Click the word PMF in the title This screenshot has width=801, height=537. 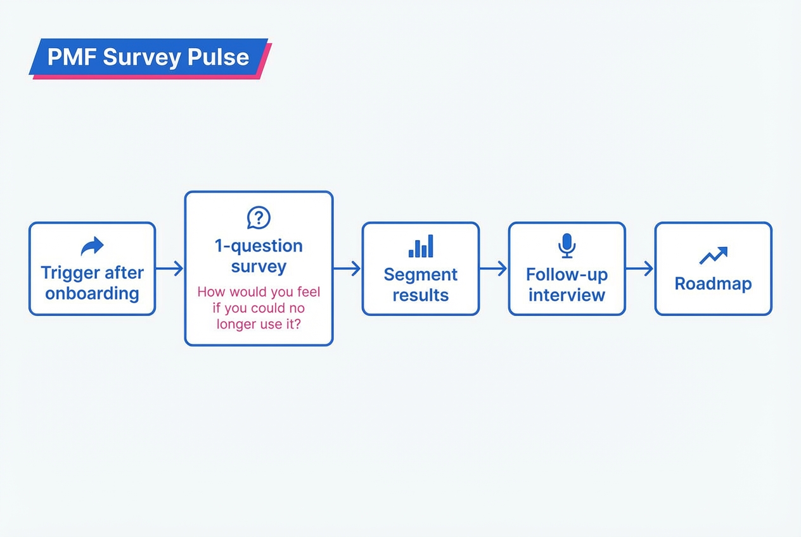tap(72, 58)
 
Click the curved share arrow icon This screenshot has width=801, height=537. tap(92, 246)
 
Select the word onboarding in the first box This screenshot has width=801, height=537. tap(92, 294)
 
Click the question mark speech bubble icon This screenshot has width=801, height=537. tap(259, 218)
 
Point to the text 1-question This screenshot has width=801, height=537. tap(259, 246)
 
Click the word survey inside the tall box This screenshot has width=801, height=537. tap(259, 266)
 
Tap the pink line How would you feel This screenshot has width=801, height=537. tap(259, 293)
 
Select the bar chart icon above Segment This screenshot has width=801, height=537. tap(421, 246)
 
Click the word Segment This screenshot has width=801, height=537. tap(421, 275)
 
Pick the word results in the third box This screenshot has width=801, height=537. tap(421, 295)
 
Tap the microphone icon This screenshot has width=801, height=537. tap(567, 246)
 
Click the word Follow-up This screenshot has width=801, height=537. tap(567, 275)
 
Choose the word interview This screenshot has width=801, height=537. tap(567, 295)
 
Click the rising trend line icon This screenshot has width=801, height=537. tap(713, 255)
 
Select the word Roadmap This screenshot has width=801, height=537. tap(713, 283)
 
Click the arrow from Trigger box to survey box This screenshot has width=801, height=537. tap(170, 268)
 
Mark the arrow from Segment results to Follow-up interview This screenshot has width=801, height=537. tap(494, 268)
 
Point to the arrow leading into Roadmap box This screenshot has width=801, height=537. tap(640, 268)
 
